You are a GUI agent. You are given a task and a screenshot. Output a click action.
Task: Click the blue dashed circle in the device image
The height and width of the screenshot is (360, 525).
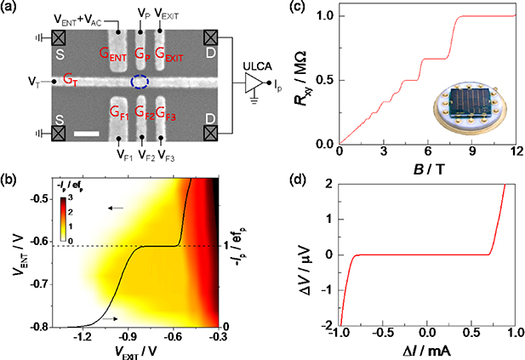click(138, 83)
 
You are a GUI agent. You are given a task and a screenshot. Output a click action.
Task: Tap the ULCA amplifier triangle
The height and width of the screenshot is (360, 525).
click(252, 83)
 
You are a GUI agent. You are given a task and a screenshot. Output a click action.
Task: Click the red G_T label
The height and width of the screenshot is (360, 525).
click(67, 79)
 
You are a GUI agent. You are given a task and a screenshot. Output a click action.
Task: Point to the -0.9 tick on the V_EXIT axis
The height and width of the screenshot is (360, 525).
click(128, 337)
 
